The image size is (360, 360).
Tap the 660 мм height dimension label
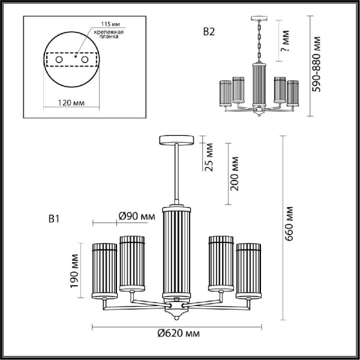[289, 223]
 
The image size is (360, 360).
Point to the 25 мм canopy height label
[209, 157]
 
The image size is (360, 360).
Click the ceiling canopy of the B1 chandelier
[176, 140]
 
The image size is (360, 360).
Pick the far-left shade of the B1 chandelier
[104, 269]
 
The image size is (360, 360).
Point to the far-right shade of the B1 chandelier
[248, 269]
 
